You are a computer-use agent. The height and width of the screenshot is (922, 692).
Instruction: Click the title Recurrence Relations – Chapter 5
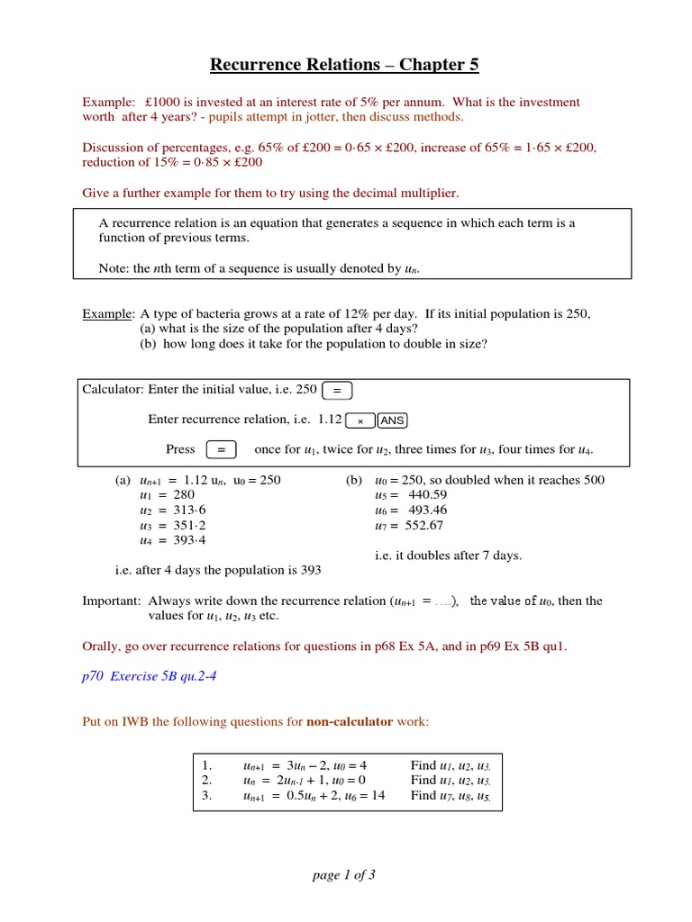[x=345, y=64]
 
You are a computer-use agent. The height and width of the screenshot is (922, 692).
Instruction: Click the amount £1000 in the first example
[x=162, y=103]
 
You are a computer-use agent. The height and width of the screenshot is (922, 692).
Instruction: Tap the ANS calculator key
[x=392, y=420]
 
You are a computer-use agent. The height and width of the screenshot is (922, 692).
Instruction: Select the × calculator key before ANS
[x=360, y=420]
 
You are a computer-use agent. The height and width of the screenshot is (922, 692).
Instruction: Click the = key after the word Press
[x=222, y=449]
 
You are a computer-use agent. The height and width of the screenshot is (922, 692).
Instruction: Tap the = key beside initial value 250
[x=337, y=390]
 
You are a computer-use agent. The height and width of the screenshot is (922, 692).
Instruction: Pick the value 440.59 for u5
[x=427, y=495]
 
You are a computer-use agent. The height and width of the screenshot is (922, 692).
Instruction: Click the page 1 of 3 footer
[x=344, y=875]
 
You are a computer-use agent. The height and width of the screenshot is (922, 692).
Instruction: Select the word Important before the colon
[x=111, y=601]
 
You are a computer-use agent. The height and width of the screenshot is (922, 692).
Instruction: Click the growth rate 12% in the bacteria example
[x=354, y=314]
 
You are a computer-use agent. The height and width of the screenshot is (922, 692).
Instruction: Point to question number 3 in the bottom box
[x=206, y=796]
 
